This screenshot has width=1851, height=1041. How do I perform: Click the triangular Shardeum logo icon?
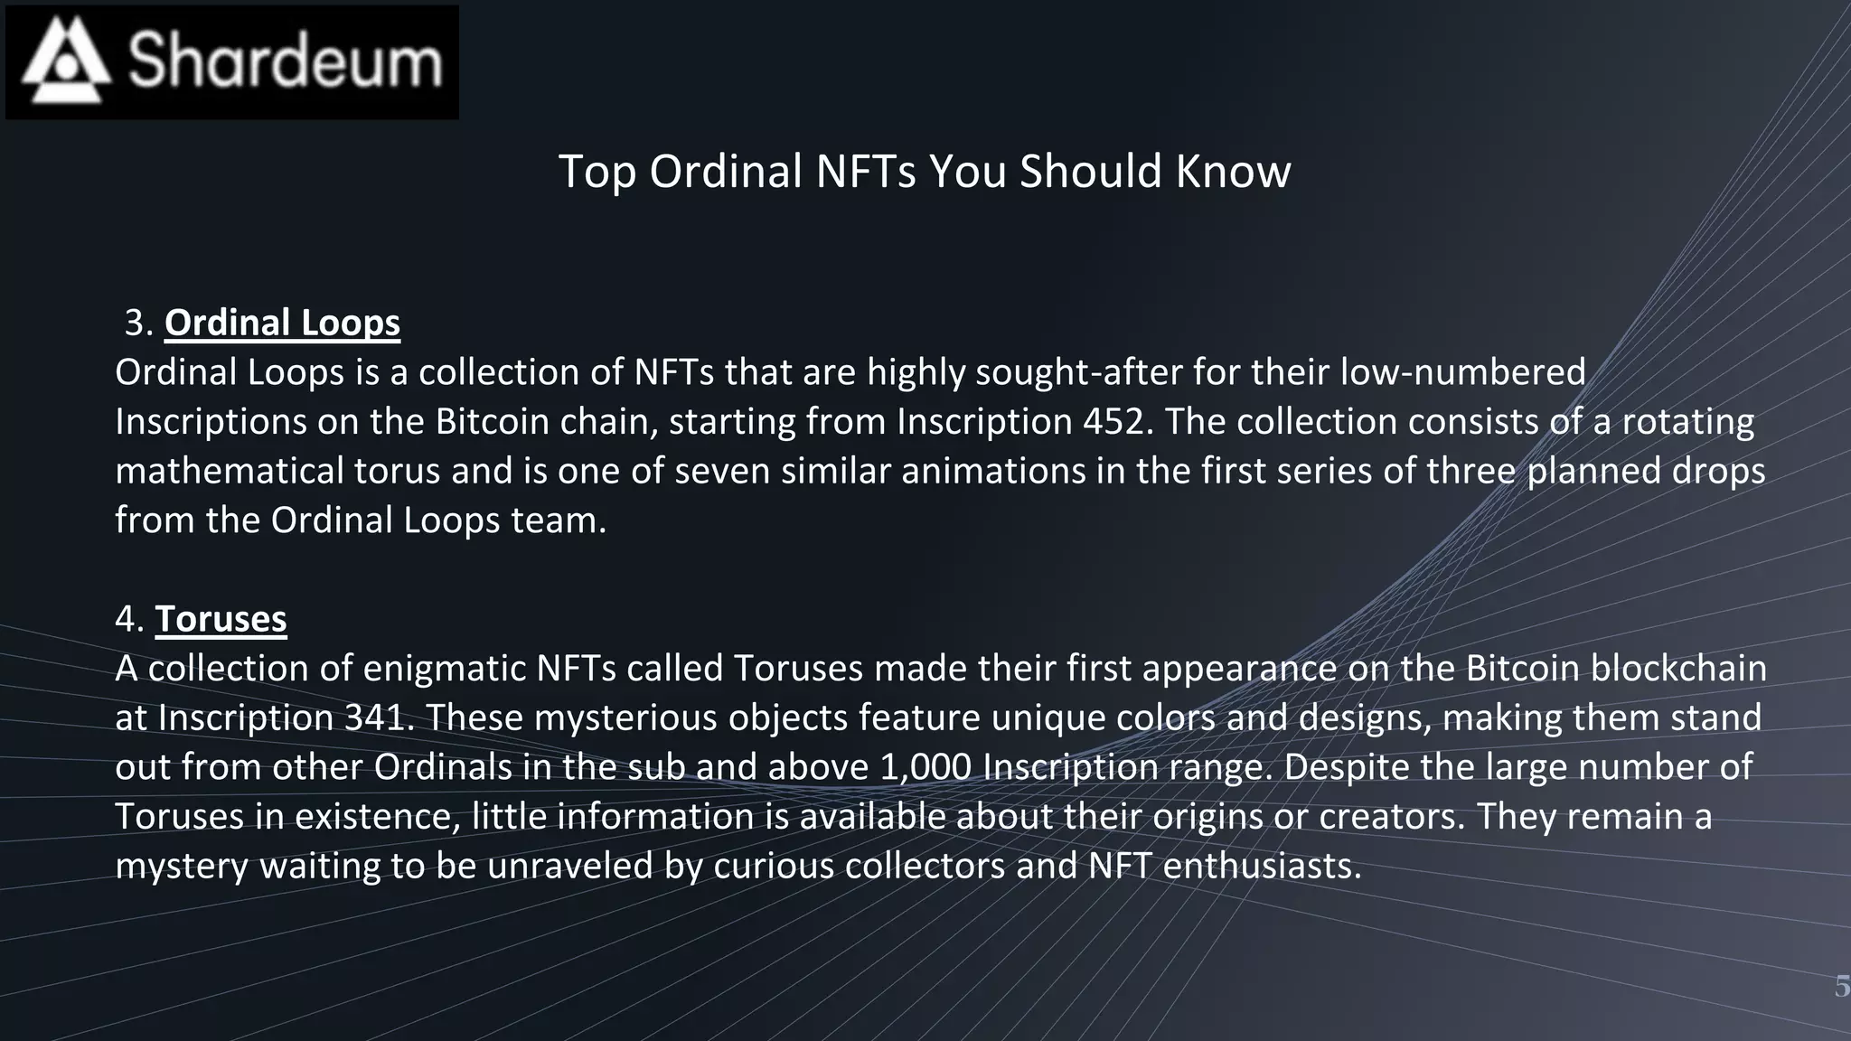click(66, 61)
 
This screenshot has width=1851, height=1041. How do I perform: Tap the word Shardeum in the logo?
click(286, 61)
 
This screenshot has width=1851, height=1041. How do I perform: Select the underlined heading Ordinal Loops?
click(282, 323)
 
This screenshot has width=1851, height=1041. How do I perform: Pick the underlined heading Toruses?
click(221, 619)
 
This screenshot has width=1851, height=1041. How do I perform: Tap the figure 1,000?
click(925, 767)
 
